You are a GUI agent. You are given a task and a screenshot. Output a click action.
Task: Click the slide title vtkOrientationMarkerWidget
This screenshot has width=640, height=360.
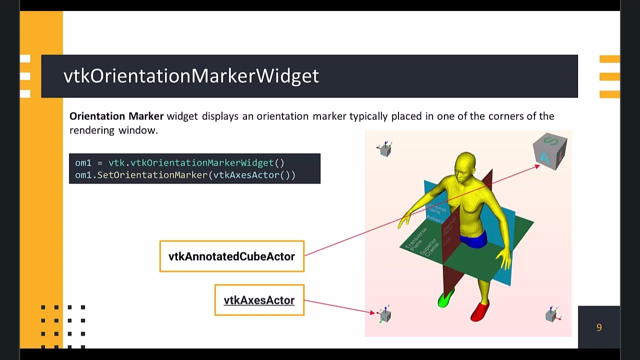coord(191,76)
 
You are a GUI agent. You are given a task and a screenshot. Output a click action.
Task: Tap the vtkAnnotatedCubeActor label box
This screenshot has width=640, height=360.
coord(231,256)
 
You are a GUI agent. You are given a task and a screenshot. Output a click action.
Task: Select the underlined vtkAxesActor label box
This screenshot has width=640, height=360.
coord(259,300)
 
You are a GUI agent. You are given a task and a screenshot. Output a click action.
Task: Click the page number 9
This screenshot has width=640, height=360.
coord(598,327)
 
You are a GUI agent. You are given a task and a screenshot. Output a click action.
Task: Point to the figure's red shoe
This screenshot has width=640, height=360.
coord(479,311)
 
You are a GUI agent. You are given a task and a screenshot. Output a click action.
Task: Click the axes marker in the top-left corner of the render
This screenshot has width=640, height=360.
coord(385,148)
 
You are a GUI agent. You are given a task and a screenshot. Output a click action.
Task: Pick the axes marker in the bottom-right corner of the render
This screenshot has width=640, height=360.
coord(552,314)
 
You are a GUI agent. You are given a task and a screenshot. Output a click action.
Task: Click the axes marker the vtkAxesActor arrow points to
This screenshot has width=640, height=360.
coord(384,314)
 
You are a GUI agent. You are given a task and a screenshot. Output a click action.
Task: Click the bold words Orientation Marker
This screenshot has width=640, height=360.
coord(116,116)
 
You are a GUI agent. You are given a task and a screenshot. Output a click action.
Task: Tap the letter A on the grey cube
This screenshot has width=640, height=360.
coord(544,159)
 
